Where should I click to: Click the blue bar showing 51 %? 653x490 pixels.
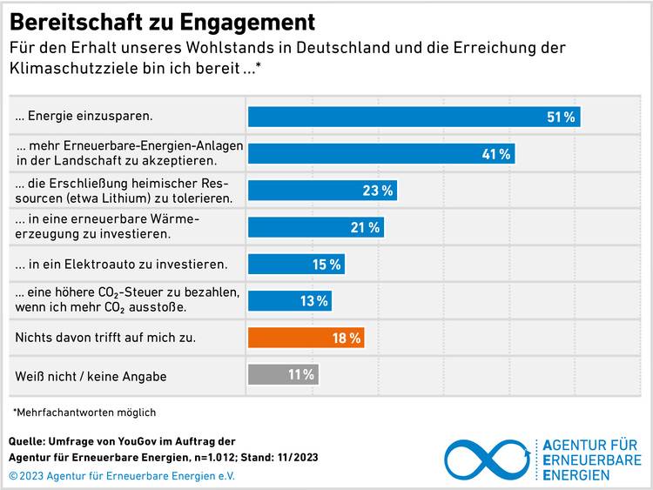pyautogui.click(x=414, y=117)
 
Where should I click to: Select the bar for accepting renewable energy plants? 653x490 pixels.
pyautogui.click(x=380, y=154)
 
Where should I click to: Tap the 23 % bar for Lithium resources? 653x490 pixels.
pyautogui.click(x=322, y=191)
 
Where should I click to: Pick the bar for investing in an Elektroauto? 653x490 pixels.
pyautogui.click(x=296, y=264)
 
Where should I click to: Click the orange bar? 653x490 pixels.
pyautogui.click(x=306, y=338)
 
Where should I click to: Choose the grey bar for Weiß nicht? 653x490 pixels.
pyautogui.click(x=283, y=374)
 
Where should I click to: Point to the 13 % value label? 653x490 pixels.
pyautogui.click(x=314, y=301)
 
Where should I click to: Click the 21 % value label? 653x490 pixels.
pyautogui.click(x=367, y=227)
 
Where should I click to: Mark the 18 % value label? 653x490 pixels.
pyautogui.click(x=347, y=338)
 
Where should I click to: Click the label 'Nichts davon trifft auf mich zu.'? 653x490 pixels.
pyautogui.click(x=105, y=337)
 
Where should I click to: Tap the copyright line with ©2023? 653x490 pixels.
pyautogui.click(x=122, y=475)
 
